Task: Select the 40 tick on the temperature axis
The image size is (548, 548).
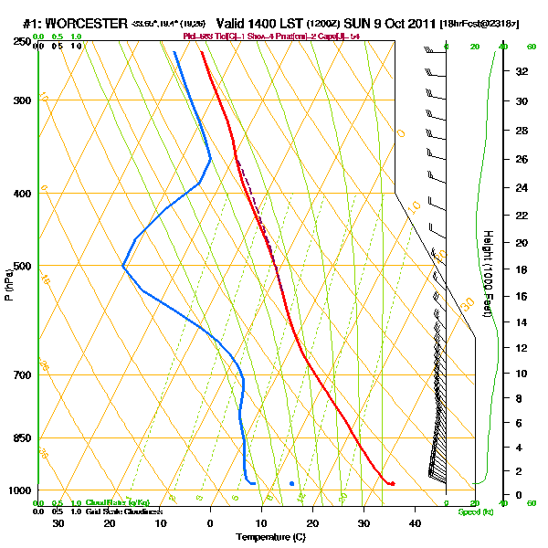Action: (415, 522)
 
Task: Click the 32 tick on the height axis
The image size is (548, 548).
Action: (522, 70)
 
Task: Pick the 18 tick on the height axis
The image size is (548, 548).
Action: (522, 269)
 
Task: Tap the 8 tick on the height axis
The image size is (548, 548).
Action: (520, 398)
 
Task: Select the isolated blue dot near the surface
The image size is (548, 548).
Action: (291, 483)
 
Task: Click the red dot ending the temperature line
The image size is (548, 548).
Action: (392, 483)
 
